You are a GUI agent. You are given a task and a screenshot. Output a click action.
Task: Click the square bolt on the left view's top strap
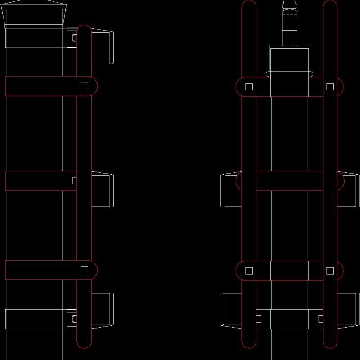[x=84, y=86]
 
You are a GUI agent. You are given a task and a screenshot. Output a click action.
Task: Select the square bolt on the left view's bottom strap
[x=84, y=270]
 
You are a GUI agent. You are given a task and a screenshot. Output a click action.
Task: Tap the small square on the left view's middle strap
[x=75, y=180]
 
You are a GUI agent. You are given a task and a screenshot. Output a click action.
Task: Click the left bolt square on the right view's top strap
[x=249, y=86]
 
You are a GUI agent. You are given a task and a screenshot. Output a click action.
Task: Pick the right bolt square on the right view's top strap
[x=330, y=86]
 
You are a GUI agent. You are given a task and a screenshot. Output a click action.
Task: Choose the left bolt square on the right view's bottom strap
[x=249, y=270]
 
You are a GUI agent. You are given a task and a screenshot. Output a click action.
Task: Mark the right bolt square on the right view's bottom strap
[x=330, y=270]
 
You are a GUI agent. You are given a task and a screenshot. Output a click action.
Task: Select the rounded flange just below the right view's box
[x=289, y=74]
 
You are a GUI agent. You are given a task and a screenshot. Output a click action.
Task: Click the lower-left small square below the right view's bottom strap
[x=258, y=319]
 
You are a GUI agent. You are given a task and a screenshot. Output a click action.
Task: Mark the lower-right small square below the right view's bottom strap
[x=321, y=319]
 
